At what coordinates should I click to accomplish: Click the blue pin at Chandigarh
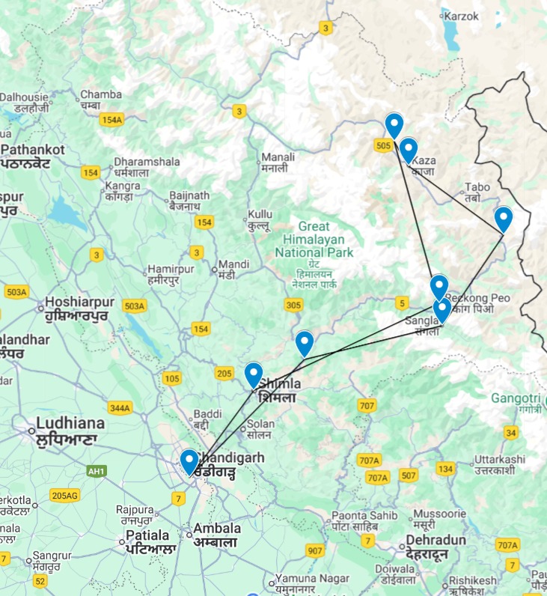[189, 461]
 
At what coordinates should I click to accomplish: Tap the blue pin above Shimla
[254, 374]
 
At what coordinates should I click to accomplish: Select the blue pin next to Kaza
[408, 150]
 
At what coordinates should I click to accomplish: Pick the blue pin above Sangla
[441, 310]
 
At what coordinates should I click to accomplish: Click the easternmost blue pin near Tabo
[504, 219]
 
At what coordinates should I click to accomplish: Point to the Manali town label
[278, 162]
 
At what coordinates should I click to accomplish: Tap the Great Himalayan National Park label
[314, 240]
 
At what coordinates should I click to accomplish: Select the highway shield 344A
[119, 407]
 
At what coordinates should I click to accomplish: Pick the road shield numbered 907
[315, 551]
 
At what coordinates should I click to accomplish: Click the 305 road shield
[293, 305]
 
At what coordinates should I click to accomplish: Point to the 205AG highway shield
[64, 495]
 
